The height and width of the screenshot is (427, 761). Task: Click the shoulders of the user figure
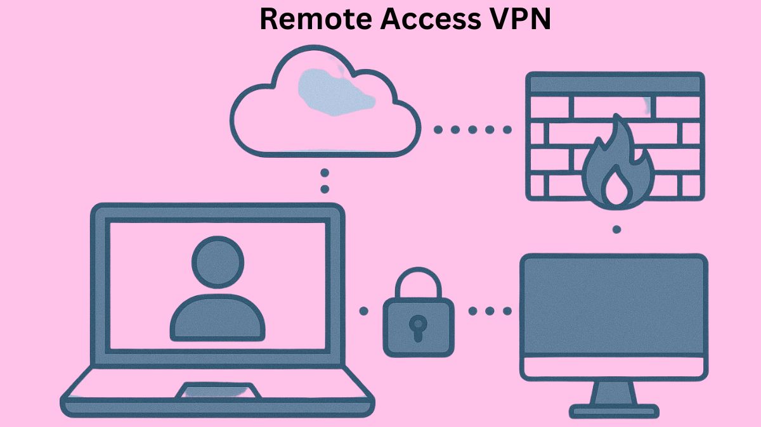click(x=218, y=317)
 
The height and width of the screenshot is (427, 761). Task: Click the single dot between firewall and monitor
click(x=616, y=229)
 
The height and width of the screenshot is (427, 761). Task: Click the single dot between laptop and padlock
click(x=363, y=311)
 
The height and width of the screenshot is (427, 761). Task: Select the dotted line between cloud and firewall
click(x=472, y=130)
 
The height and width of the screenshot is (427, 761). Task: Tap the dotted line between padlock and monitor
click(x=490, y=311)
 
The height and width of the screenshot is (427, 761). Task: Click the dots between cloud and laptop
click(x=325, y=181)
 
